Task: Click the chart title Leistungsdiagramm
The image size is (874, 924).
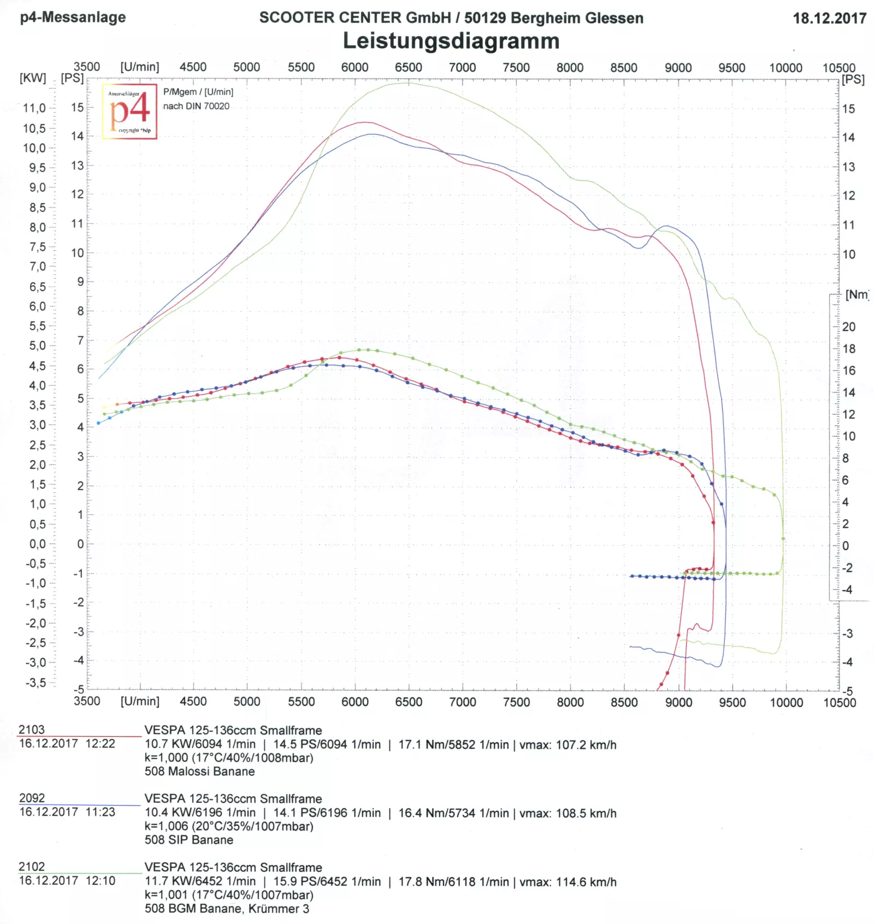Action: pos(451,41)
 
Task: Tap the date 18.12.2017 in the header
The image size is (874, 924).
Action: pos(829,18)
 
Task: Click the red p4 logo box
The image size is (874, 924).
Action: pos(129,111)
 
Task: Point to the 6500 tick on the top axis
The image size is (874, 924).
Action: pos(409,67)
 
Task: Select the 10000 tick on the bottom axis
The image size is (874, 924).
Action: pos(786,702)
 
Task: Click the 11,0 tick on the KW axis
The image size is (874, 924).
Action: pos(34,108)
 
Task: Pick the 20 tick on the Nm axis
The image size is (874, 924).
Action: pos(849,327)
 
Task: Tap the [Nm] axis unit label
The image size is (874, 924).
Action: pos(857,295)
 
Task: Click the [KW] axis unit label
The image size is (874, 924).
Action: pos(33,78)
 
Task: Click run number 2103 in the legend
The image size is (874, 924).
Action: pos(32,729)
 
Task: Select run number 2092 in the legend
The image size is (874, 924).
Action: pos(32,798)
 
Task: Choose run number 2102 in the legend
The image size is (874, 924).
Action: pos(32,867)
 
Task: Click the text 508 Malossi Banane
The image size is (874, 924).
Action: pos(199,772)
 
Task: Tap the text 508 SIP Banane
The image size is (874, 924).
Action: pos(188,840)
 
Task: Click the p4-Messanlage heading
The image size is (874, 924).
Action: pos(73,17)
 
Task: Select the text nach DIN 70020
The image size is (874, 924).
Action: pos(196,106)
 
